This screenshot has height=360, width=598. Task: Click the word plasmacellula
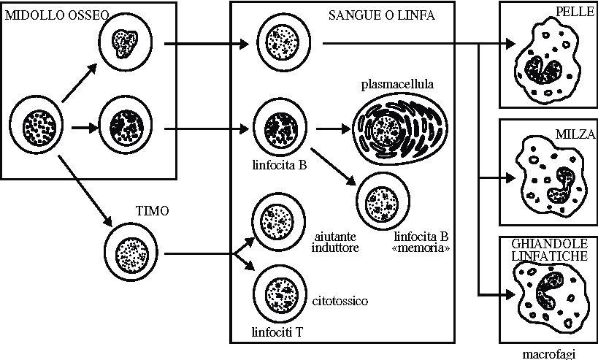point(397,84)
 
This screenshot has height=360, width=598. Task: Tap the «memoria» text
point(421,248)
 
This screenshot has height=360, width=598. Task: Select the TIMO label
point(153,212)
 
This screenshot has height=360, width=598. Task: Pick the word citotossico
point(340,301)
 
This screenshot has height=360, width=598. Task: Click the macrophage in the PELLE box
point(547,64)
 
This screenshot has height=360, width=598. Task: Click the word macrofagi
point(548,354)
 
